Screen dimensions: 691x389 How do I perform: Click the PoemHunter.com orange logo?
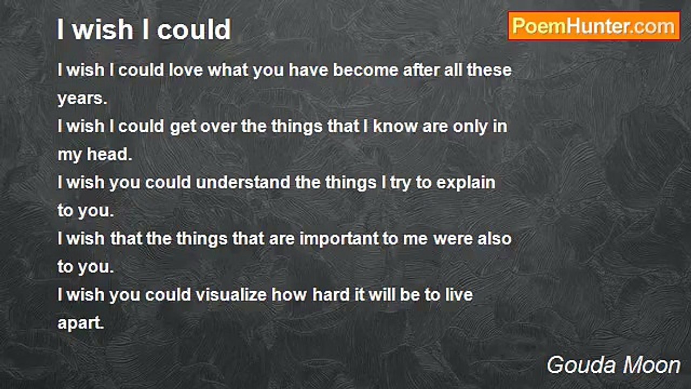[594, 26]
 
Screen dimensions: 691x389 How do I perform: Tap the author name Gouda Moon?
[613, 365]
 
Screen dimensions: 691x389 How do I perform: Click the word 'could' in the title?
[194, 29]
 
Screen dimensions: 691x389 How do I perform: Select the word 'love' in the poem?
[186, 70]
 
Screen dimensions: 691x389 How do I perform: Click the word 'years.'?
[83, 99]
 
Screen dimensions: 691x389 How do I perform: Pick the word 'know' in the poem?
[395, 126]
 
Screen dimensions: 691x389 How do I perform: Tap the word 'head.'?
[110, 154]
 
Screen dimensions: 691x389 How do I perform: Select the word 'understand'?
[243, 183]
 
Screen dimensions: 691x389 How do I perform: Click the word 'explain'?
[466, 183]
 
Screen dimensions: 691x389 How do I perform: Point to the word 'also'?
[494, 239]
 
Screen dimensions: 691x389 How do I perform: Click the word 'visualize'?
[231, 295]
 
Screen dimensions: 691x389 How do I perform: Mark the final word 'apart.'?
[81, 324]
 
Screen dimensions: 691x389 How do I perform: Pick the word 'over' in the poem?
[219, 127]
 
